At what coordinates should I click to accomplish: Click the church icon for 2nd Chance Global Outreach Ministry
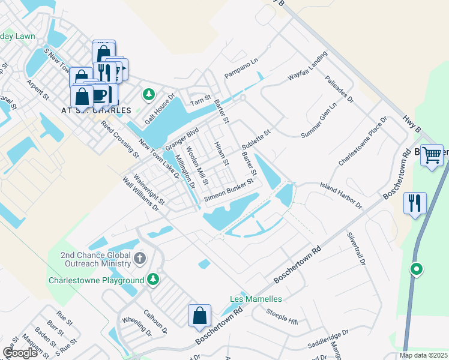(140, 259)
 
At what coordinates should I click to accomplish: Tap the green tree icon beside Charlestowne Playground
(154, 280)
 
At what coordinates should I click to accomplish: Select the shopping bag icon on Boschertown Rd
(199, 315)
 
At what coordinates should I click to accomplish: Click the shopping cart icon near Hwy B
(432, 155)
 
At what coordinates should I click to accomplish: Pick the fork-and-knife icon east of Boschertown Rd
(415, 203)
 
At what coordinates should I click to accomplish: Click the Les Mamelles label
(256, 299)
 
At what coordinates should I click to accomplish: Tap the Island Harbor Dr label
(341, 196)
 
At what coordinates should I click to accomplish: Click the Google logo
(20, 353)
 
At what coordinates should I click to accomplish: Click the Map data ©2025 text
(424, 355)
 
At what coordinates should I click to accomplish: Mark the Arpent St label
(37, 88)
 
